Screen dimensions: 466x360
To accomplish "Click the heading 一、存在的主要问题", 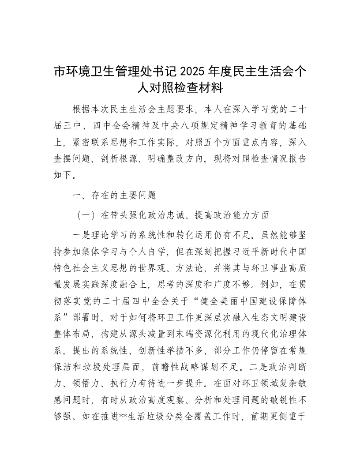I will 113,194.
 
